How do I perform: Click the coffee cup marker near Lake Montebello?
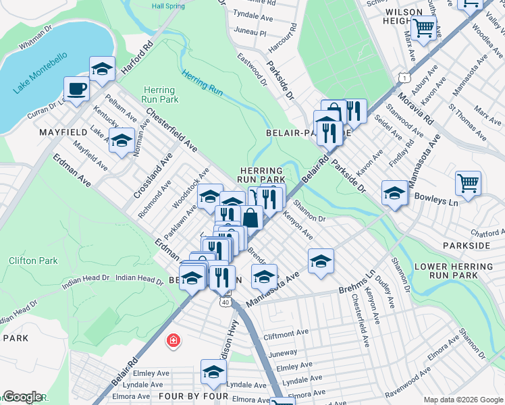click(76, 88)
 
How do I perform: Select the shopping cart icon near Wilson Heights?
click(423, 28)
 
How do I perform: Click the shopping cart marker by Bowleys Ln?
click(468, 182)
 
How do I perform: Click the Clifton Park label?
click(33, 260)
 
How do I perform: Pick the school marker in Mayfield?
click(122, 141)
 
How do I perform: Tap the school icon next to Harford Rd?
click(102, 68)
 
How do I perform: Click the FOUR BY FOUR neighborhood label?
click(178, 395)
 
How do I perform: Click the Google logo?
click(22, 397)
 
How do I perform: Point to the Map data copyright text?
click(462, 400)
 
